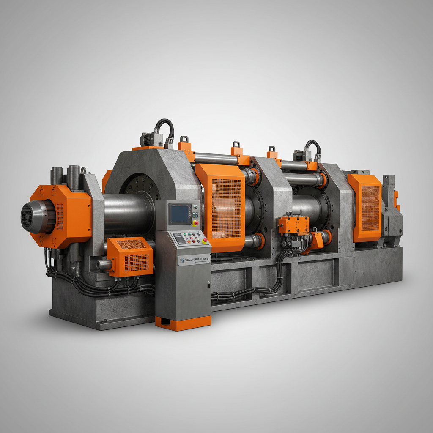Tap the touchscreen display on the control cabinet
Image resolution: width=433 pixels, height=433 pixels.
click(180, 214)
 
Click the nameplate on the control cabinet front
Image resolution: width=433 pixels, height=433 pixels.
click(193, 259)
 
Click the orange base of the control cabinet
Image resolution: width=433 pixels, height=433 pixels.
click(183, 322)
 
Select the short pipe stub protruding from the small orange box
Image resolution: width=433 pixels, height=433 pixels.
click(103, 265)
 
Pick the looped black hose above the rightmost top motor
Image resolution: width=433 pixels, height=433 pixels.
click(313, 148)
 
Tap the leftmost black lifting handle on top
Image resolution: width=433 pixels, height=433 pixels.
click(184, 139)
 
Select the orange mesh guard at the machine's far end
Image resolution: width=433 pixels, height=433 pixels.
click(364, 207)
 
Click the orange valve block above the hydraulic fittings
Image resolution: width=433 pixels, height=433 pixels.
click(293, 224)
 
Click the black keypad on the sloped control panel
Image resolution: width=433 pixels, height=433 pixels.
click(179, 239)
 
